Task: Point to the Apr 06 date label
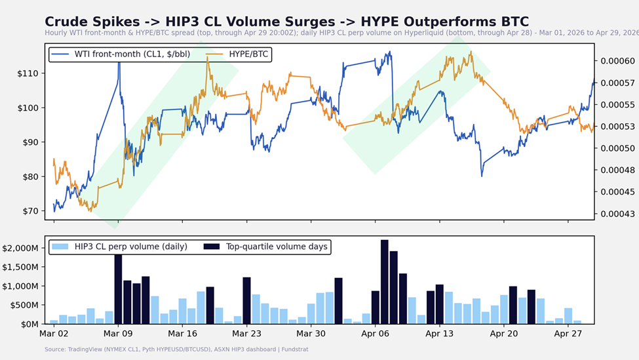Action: point(375,333)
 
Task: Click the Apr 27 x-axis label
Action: point(568,333)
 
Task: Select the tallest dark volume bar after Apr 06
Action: point(385,282)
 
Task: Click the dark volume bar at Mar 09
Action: point(118,289)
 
